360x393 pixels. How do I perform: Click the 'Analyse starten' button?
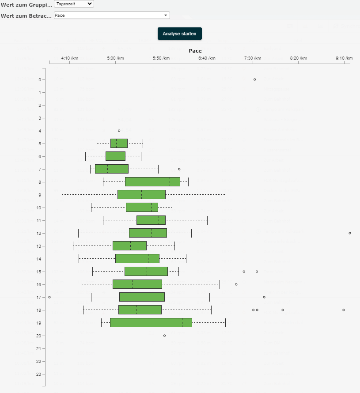tap(180, 34)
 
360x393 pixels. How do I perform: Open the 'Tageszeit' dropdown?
tap(74, 4)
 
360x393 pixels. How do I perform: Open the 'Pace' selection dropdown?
tap(112, 15)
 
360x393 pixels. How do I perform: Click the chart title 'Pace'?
tap(195, 51)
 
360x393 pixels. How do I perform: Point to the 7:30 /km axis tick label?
tap(253, 58)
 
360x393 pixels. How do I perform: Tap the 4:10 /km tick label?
tap(70, 58)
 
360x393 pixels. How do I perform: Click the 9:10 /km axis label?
tap(344, 58)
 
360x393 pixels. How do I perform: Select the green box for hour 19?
tap(151, 323)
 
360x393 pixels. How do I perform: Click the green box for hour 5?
tap(119, 143)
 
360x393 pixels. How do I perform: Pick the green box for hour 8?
tap(152, 181)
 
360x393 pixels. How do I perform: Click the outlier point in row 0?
tap(255, 79)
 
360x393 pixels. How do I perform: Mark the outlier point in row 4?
tap(119, 131)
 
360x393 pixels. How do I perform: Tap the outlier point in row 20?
tap(165, 336)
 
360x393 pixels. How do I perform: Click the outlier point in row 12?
tap(350, 233)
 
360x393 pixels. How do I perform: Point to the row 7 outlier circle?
tap(179, 169)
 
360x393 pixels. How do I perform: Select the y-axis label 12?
tap(39, 233)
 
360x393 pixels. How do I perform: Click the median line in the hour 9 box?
tap(141, 195)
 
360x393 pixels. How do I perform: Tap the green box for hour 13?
tap(129, 246)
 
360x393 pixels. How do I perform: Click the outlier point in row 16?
tap(236, 284)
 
